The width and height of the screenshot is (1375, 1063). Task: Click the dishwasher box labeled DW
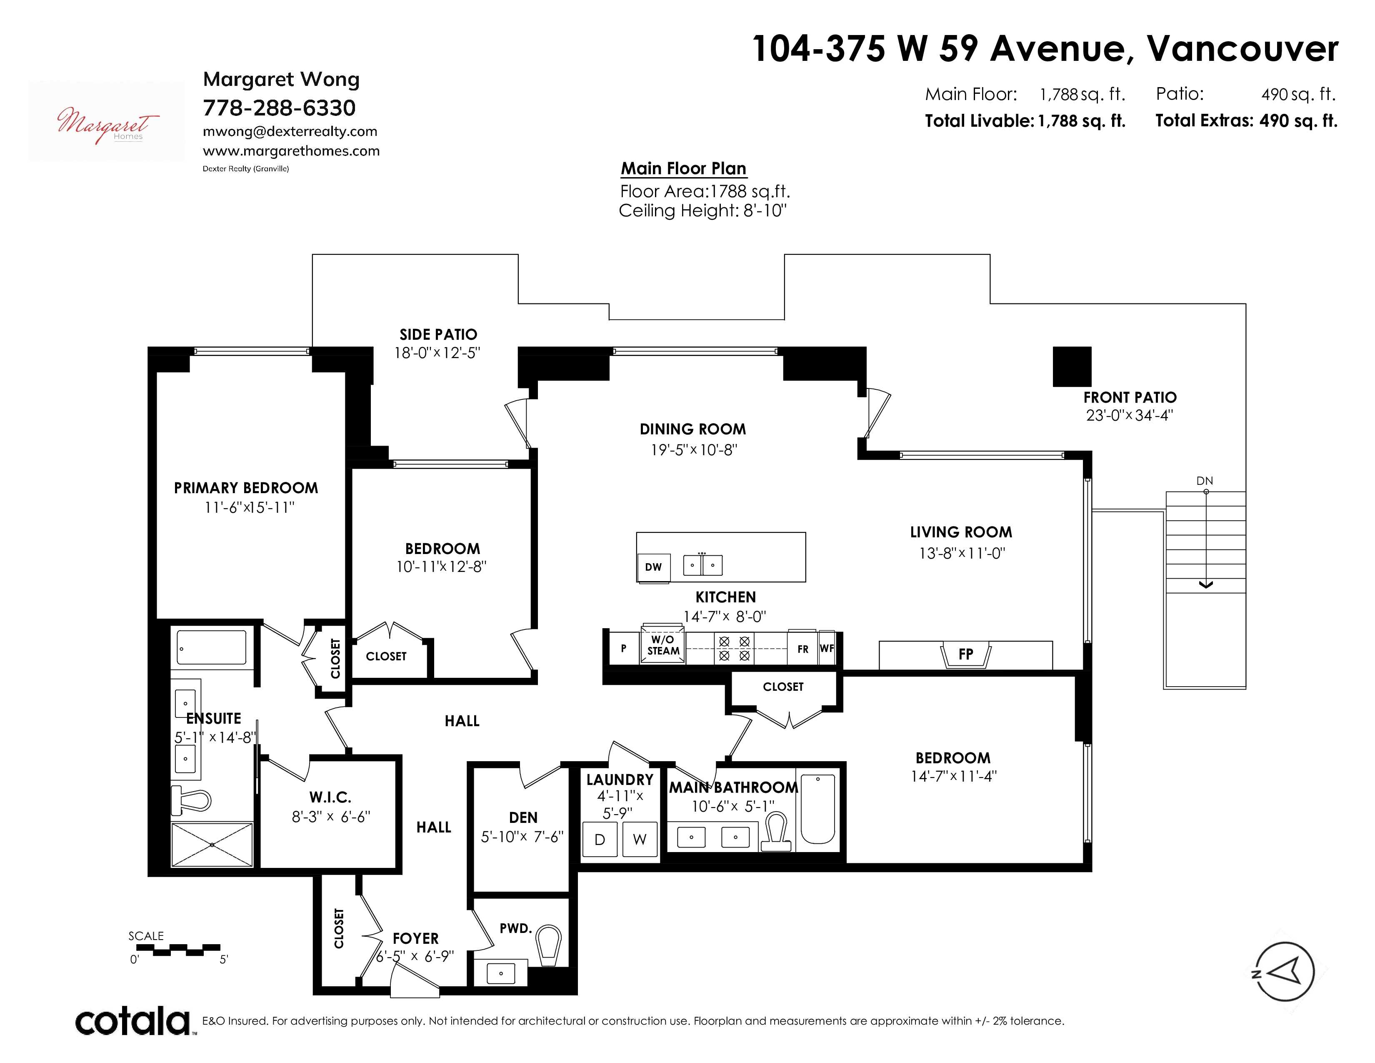653,567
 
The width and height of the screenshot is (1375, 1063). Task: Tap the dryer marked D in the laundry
600,840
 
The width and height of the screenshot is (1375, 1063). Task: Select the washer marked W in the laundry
640,840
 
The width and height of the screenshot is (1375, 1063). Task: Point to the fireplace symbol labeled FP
966,655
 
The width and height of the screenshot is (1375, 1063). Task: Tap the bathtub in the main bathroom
818,809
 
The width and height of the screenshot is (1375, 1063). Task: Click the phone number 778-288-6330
279,108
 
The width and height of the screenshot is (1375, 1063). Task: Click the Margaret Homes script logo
107,123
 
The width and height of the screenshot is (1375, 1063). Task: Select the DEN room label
523,817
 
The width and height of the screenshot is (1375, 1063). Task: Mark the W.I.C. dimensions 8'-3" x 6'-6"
330,817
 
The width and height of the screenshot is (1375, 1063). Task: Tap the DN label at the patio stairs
1205,481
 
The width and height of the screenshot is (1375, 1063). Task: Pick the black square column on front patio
1072,366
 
